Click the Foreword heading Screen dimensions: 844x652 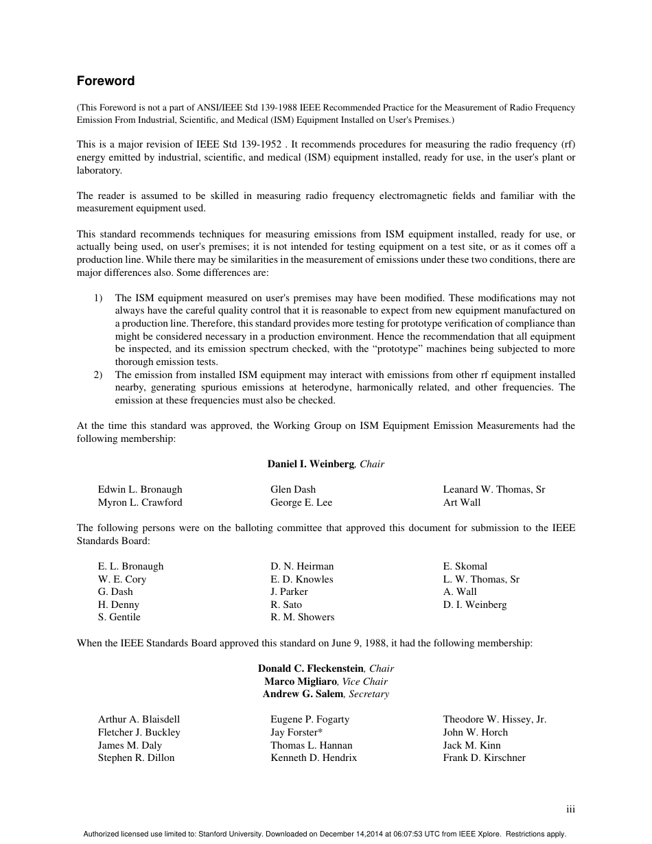106,81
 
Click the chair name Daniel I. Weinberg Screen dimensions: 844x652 310,464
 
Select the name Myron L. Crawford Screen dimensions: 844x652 140,502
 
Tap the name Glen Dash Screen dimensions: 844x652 293,489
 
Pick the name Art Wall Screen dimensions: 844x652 462,502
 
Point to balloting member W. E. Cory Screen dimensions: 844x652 122,579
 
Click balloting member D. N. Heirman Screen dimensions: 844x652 302,566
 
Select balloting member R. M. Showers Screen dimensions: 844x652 302,617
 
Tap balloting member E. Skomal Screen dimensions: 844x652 465,566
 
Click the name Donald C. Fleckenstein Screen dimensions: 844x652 311,668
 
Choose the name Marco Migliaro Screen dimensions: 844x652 301,681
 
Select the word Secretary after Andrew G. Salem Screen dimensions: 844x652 369,694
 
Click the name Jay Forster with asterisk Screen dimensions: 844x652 296,732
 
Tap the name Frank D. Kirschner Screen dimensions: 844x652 484,758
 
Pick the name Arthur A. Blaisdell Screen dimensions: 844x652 139,719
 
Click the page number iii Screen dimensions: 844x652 570,810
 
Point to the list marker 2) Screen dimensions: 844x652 97,375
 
